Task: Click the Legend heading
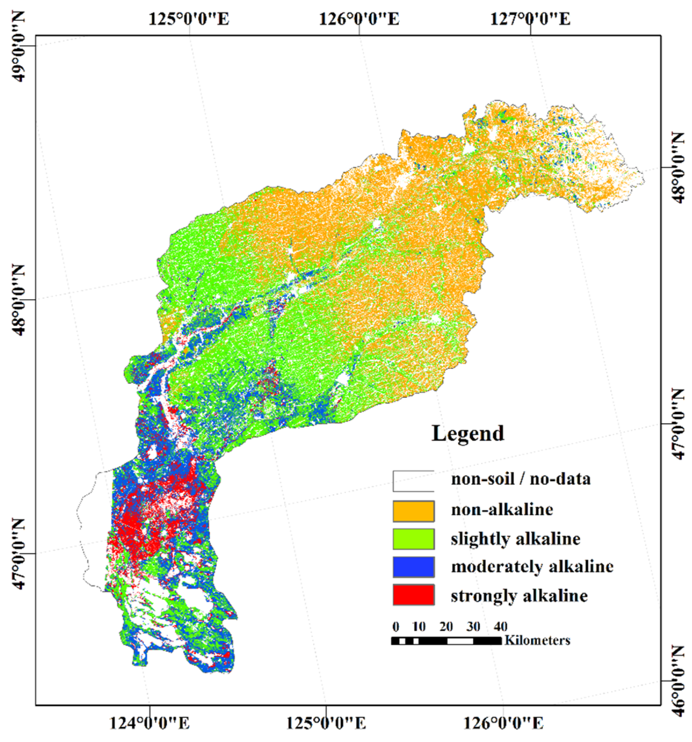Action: pos(468,434)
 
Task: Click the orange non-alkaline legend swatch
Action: pos(413,511)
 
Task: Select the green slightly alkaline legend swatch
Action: pos(413,539)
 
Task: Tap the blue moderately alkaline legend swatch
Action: pos(413,566)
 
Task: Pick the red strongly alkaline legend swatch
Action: pos(413,595)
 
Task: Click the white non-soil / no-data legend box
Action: pos(413,481)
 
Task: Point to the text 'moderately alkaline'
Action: pos(532,566)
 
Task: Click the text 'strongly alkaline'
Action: pos(519,595)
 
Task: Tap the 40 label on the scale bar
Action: pos(500,626)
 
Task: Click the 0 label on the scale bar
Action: pos(396,626)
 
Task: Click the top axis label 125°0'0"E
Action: pos(189,19)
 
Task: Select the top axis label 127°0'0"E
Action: pos(530,19)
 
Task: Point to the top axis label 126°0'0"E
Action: pos(359,19)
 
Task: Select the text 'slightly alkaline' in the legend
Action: pos(515,539)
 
